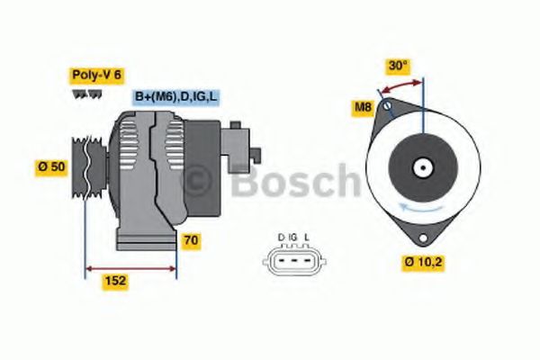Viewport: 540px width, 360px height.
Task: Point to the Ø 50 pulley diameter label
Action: pos(51,166)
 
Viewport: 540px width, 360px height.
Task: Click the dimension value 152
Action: pos(115,282)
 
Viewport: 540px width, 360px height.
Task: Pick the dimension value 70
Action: pos(191,241)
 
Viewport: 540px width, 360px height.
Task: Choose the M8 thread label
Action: pos(363,109)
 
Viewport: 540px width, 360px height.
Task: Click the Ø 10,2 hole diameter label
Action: pos(422,264)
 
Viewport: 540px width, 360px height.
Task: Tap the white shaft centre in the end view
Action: pos(421,167)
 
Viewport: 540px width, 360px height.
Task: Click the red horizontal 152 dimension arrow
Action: pos(130,267)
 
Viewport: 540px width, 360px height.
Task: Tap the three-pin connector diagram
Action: pos(293,260)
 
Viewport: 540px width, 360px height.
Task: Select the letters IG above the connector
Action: pos(293,238)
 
